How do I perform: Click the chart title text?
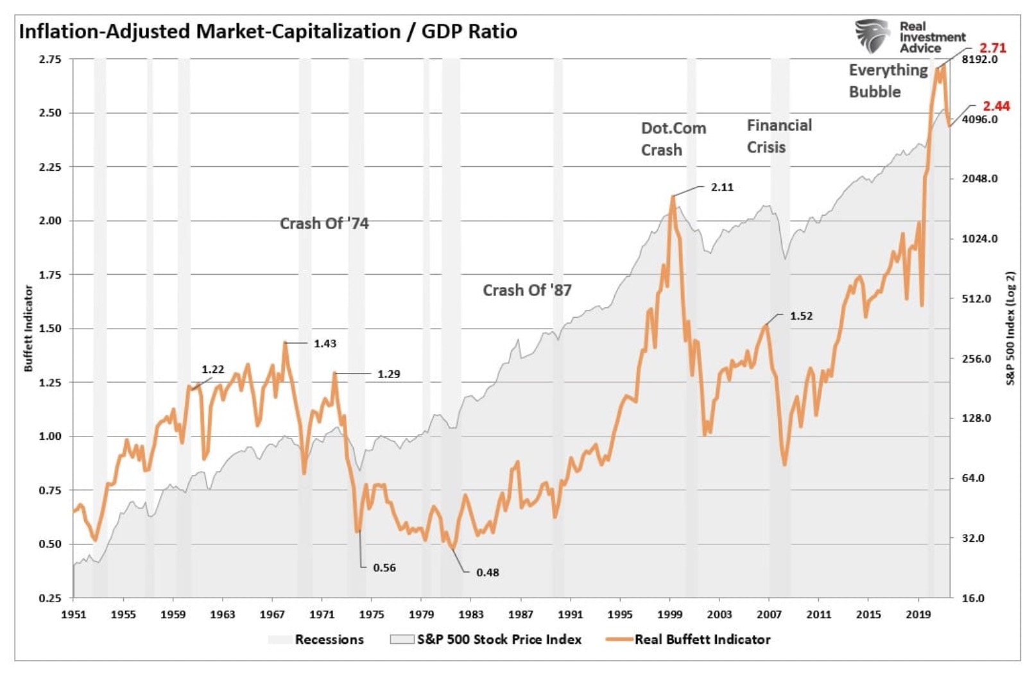click(x=268, y=31)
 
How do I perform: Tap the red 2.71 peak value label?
click(x=992, y=48)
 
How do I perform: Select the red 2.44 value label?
click(x=996, y=106)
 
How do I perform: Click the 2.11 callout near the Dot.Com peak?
click(x=722, y=187)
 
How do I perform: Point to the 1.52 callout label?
click(x=801, y=316)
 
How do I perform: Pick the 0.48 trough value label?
click(x=488, y=572)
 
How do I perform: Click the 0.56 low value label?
click(x=384, y=567)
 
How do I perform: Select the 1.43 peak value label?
click(x=325, y=343)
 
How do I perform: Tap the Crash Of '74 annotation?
click(x=324, y=223)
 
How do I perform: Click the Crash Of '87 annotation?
click(x=527, y=290)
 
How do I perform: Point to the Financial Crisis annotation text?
click(x=779, y=136)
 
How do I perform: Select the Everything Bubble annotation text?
click(x=888, y=81)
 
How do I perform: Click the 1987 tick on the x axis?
click(x=520, y=614)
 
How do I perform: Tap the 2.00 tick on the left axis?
click(x=50, y=221)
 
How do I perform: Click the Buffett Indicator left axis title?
click(x=28, y=328)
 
